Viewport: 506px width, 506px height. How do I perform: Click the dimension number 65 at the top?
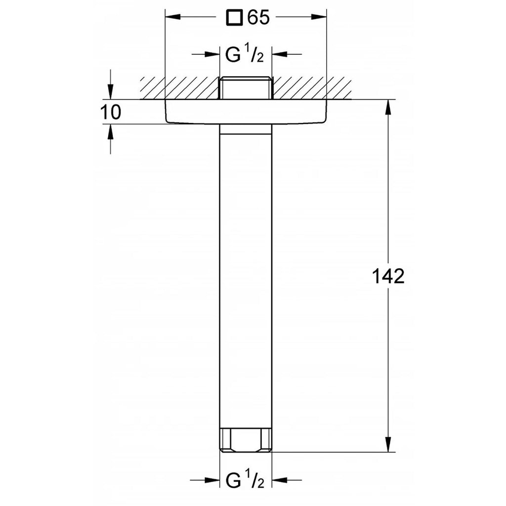click(258, 17)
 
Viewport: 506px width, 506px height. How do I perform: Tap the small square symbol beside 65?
click(234, 17)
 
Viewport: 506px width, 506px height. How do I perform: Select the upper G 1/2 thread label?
click(245, 54)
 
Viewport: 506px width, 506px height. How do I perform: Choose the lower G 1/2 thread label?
click(245, 480)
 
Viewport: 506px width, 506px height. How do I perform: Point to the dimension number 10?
click(111, 112)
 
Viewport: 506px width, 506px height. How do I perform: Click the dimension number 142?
click(388, 276)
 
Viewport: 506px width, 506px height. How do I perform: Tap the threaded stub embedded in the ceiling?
click(246, 88)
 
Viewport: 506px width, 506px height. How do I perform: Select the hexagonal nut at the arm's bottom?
click(246, 439)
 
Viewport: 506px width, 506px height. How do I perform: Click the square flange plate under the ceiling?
click(246, 111)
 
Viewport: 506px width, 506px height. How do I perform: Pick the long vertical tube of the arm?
click(246, 276)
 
